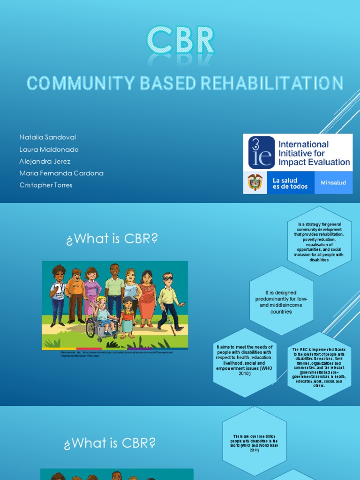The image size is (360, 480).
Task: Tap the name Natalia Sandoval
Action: click(x=47, y=137)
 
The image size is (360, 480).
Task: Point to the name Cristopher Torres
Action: click(x=46, y=185)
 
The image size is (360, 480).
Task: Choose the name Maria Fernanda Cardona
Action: click(x=61, y=173)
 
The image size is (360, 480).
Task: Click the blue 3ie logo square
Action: click(x=261, y=152)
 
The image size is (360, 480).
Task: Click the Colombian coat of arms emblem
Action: click(x=255, y=182)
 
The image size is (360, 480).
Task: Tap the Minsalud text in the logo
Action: click(x=333, y=183)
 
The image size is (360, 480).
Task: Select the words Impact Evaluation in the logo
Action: click(x=314, y=162)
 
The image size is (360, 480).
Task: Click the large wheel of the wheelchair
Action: click(x=90, y=328)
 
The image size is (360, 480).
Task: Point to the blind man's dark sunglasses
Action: click(x=167, y=279)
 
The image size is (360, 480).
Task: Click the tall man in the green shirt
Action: click(x=114, y=291)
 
